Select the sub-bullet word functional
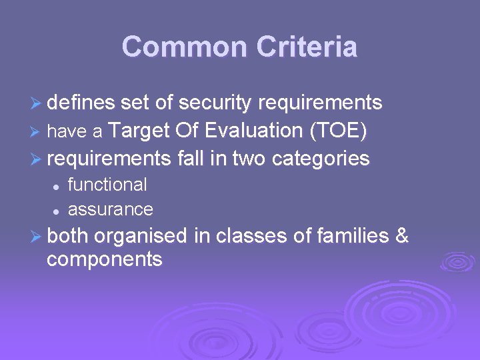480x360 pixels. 107,185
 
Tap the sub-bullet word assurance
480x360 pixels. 111,209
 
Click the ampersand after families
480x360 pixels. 402,236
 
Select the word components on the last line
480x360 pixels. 105,259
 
